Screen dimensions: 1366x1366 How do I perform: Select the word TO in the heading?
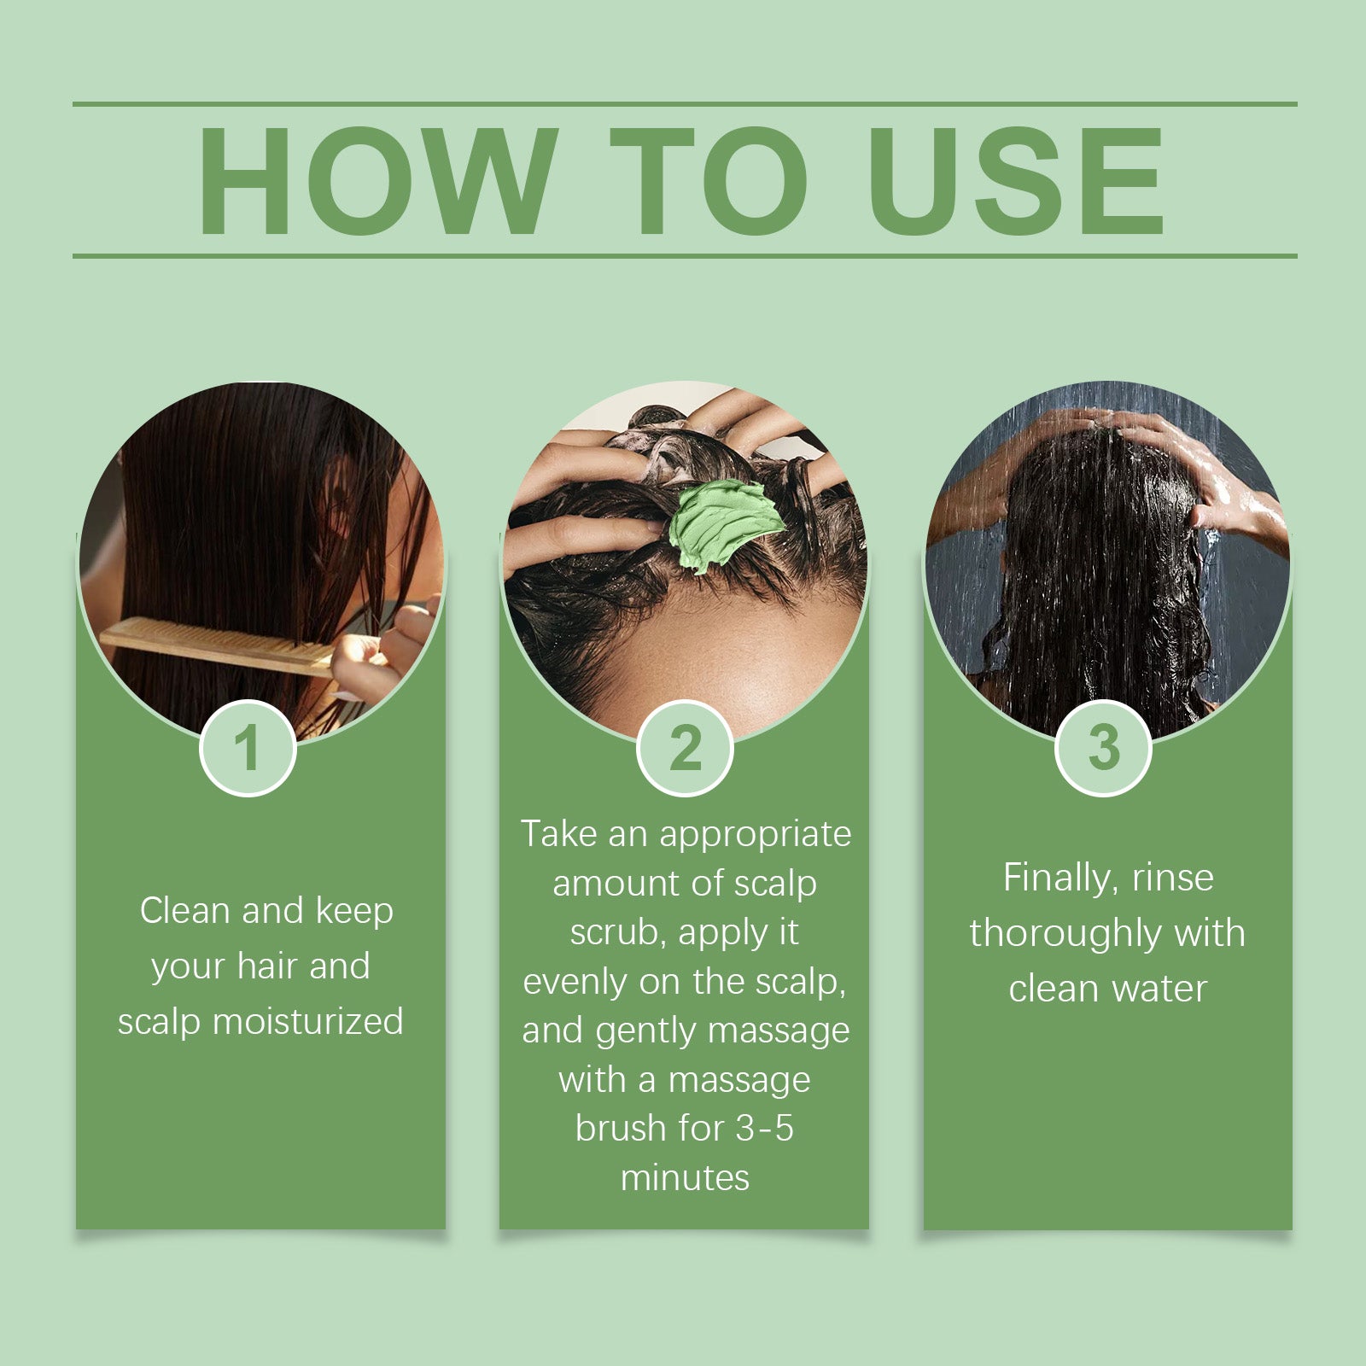click(708, 181)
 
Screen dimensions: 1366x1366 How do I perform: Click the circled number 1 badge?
click(248, 748)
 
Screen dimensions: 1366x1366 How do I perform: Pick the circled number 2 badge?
click(685, 748)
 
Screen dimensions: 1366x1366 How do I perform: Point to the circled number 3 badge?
click(1103, 748)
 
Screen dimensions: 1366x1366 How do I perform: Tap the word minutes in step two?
click(685, 1178)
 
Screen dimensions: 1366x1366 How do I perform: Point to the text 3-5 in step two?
click(764, 1129)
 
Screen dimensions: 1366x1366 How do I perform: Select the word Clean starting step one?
click(185, 910)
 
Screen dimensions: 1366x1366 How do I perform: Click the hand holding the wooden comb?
click(376, 653)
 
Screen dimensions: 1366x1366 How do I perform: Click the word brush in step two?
click(621, 1129)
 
